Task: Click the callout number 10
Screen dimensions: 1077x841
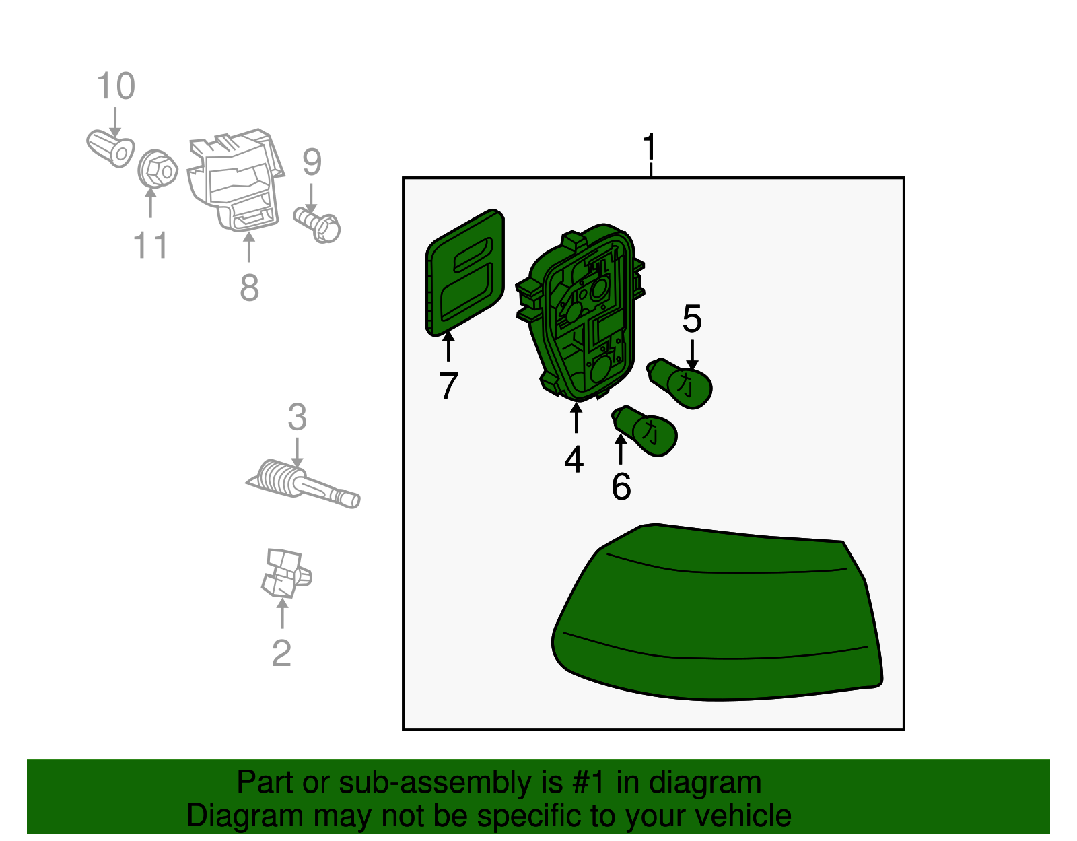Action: [116, 86]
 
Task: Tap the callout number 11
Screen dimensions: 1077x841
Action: [151, 245]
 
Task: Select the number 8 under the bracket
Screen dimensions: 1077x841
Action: [249, 288]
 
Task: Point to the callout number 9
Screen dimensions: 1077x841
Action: [312, 162]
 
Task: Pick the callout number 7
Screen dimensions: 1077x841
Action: [448, 386]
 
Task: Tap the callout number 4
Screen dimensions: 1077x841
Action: [574, 459]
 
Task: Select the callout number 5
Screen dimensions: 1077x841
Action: [692, 318]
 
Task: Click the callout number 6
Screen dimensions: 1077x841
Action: [621, 487]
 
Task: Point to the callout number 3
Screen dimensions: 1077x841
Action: [297, 417]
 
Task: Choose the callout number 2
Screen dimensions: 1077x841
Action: [281, 652]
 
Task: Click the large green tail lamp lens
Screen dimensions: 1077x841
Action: [717, 613]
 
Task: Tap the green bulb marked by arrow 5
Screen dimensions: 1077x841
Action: [680, 383]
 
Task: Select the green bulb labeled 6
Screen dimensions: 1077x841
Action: [645, 431]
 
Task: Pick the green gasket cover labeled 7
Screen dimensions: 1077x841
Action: [465, 273]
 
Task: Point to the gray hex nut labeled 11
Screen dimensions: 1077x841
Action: [158, 169]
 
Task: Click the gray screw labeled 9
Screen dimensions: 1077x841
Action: [317, 226]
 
